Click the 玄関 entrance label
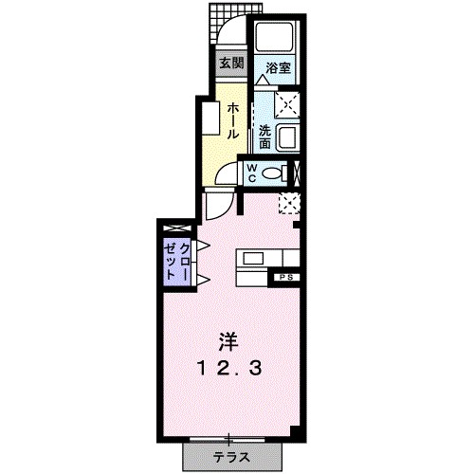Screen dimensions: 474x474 point(230,64)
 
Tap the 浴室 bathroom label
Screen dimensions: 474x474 point(277,68)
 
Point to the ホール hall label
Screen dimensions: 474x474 point(231,120)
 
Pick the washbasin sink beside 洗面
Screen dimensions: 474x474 point(287,137)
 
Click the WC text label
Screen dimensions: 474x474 point(252,173)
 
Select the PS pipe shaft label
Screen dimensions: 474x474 point(284,277)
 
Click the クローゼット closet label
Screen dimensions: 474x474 point(176,258)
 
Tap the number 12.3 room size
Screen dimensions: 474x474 point(230,367)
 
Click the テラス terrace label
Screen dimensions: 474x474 point(230,457)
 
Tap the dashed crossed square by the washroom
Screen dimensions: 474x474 point(287,101)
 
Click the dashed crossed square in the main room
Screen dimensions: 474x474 point(289,202)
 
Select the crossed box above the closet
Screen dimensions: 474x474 point(176,228)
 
